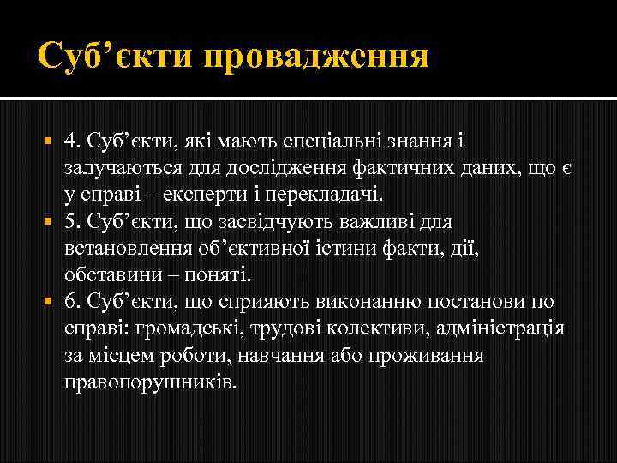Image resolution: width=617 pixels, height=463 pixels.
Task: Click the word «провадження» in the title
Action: (x=316, y=58)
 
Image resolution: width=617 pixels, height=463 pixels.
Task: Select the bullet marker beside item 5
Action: (x=49, y=222)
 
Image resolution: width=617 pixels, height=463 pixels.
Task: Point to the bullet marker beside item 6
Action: (x=49, y=303)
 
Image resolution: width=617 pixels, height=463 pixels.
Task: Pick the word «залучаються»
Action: (x=117, y=167)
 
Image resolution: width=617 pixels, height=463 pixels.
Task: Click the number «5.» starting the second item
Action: (x=73, y=221)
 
